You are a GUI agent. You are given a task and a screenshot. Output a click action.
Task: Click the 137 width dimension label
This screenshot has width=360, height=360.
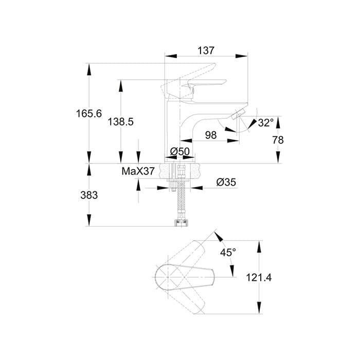tap(206, 51)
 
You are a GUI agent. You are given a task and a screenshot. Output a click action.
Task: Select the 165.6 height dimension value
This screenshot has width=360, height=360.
tap(89, 114)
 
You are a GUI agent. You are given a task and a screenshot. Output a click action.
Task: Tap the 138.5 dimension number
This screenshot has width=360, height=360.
tap(120, 122)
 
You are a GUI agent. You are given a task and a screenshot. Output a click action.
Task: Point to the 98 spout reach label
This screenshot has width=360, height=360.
tap(211, 135)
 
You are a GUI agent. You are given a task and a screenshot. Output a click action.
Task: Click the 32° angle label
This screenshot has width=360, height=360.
tap(266, 122)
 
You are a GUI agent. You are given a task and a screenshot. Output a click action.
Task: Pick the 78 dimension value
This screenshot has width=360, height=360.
tap(278, 140)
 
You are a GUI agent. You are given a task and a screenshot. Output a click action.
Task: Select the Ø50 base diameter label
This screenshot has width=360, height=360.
tap(180, 151)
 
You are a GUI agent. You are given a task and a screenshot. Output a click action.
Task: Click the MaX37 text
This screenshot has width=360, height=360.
tap(138, 171)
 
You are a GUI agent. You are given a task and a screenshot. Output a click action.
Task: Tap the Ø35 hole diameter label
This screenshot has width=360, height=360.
tap(226, 182)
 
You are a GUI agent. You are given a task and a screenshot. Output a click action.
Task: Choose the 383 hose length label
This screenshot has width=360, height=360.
tap(89, 195)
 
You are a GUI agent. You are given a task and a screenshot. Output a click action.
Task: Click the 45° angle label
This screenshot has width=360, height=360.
tap(228, 253)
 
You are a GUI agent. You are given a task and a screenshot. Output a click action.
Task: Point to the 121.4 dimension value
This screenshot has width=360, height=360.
tap(259, 278)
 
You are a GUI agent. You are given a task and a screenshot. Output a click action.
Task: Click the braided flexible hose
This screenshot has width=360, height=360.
tap(182, 200)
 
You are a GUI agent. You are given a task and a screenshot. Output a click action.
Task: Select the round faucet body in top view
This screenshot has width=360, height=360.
tap(168, 277)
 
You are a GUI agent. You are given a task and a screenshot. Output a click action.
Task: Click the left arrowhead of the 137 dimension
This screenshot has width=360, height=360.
tap(171, 56)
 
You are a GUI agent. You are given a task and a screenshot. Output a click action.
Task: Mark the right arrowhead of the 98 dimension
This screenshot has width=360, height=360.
tap(233, 140)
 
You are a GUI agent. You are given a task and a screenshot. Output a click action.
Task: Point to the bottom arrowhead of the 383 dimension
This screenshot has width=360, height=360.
tap(89, 220)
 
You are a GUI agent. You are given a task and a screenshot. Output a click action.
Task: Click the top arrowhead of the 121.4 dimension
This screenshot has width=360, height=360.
tap(259, 247)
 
